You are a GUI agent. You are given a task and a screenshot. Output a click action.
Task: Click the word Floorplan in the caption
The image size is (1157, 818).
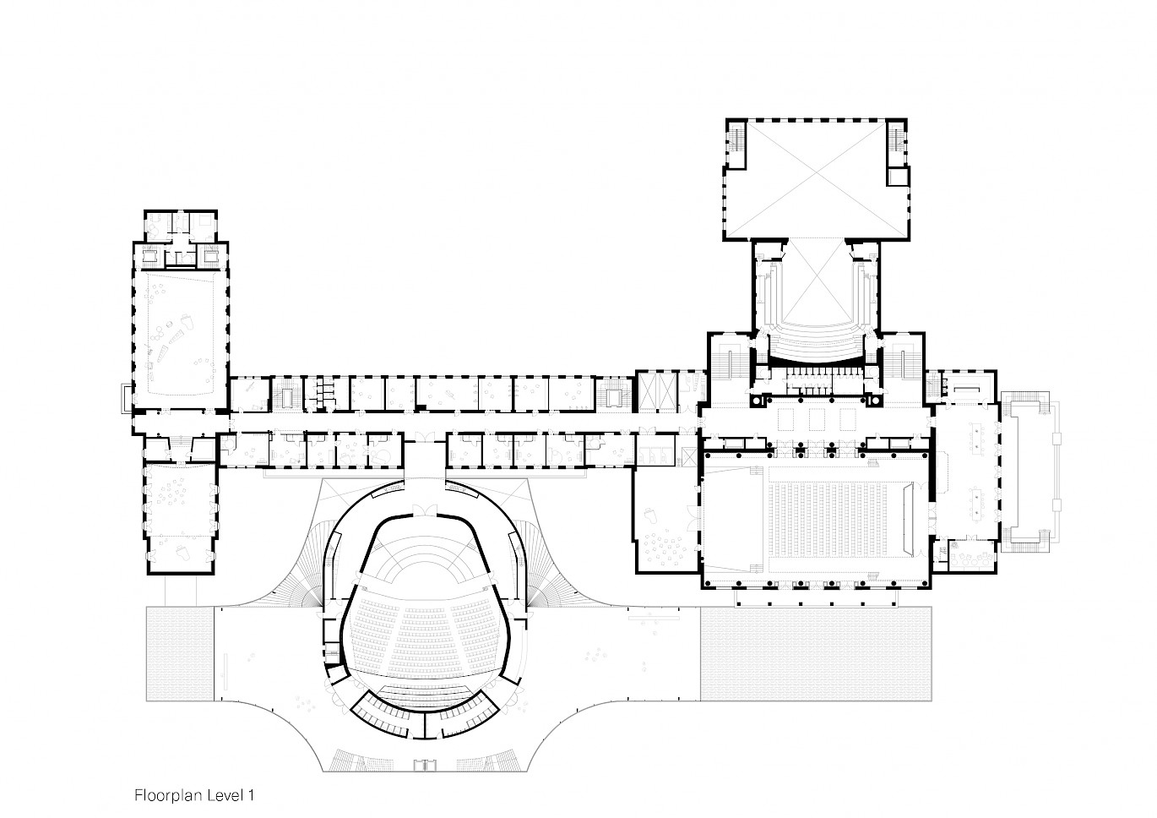point(169,795)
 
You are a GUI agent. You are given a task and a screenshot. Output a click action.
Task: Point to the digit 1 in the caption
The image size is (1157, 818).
point(251,794)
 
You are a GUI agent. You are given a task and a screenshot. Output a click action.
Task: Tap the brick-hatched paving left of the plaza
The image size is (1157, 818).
point(180,653)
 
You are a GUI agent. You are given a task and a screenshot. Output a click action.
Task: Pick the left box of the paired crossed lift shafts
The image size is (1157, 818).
point(648,391)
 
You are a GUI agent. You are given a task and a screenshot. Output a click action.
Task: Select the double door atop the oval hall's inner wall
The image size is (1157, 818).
point(426,511)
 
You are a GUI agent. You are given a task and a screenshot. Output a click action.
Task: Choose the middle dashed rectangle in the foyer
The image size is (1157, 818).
point(815,419)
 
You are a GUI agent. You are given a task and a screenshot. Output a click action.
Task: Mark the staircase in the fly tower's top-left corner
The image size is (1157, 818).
point(735,139)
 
